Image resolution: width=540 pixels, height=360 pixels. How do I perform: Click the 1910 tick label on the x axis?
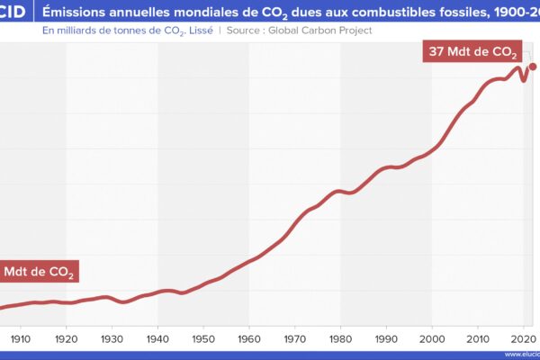[21, 338]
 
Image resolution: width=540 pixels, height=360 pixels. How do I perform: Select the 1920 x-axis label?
[67, 338]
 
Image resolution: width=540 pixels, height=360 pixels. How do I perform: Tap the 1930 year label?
[112, 338]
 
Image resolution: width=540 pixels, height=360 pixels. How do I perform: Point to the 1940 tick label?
[158, 338]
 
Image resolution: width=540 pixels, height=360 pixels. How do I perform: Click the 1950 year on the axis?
[204, 338]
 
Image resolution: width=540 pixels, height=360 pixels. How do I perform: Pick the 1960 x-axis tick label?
[250, 338]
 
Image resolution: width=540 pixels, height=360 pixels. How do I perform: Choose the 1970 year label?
[296, 338]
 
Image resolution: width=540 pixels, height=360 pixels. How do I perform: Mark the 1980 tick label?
[342, 338]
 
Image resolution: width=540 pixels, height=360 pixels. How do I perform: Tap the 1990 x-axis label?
[387, 338]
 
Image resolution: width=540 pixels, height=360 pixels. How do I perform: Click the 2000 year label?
[433, 338]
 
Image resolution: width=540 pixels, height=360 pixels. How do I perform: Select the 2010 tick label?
[479, 338]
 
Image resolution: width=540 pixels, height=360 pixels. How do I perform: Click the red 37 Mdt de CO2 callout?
[472, 52]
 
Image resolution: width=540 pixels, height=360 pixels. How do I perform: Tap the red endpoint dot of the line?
[533, 66]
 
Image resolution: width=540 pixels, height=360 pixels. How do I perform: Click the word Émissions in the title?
[78, 12]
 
